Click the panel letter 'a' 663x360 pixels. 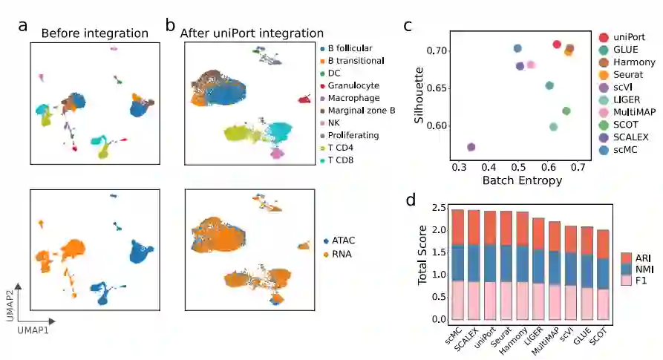pos(23,25)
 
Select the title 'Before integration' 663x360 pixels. pos(94,33)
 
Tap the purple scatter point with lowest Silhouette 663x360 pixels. pos(471,147)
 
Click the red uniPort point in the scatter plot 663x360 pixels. pos(557,45)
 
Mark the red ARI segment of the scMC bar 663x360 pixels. pos(457,227)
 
